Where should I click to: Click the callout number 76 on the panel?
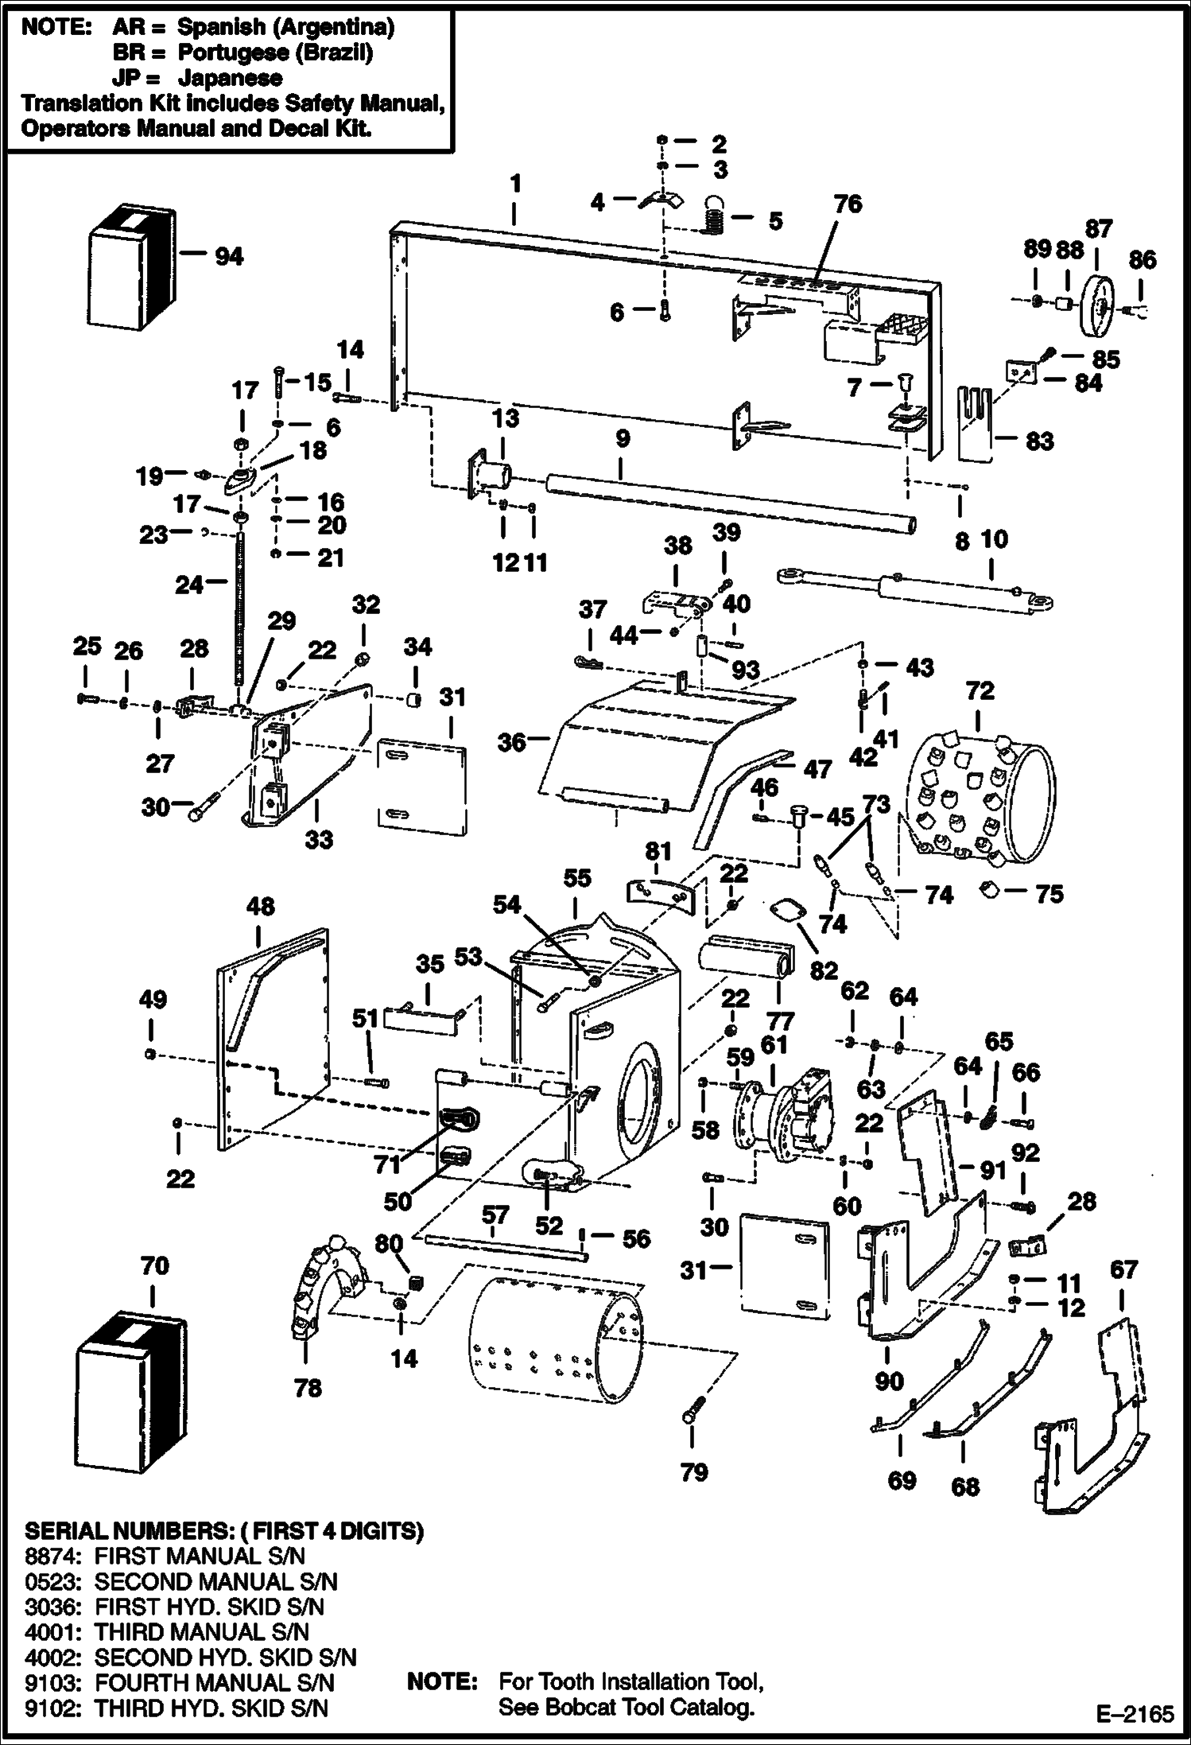click(848, 204)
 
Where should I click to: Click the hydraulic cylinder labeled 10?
click(914, 591)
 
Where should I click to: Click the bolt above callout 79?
click(690, 1416)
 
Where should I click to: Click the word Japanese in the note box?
click(230, 78)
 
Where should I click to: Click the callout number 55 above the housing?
click(577, 878)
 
